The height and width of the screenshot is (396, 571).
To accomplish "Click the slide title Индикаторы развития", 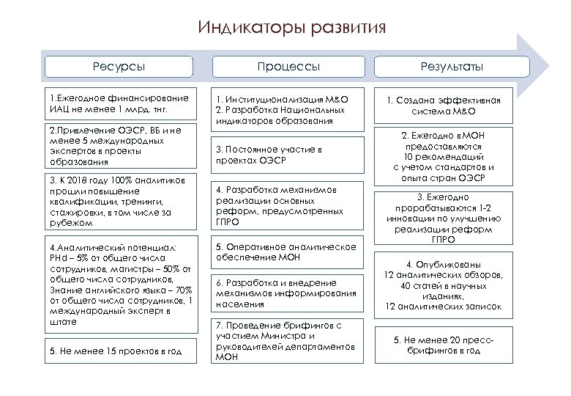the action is click(291, 29).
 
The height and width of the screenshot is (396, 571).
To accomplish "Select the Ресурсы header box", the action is click(119, 67).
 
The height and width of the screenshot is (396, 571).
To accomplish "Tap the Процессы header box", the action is click(288, 67).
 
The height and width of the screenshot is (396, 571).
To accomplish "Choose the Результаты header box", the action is click(452, 67).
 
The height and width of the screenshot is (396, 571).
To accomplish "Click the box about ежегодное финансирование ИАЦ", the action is click(119, 103).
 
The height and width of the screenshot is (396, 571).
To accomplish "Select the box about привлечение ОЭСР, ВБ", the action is click(119, 146).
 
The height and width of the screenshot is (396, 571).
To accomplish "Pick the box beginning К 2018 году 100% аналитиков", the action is click(119, 201).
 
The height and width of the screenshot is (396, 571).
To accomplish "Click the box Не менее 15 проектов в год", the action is click(119, 351).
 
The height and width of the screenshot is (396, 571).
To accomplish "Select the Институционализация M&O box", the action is click(288, 110).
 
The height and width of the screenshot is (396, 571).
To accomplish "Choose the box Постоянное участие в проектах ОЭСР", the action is click(288, 155).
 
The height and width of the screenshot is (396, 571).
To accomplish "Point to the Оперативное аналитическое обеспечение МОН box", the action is click(288, 252).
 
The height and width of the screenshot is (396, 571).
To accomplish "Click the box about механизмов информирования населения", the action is click(288, 293).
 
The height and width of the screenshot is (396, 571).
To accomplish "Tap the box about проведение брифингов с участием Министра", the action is click(288, 340).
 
